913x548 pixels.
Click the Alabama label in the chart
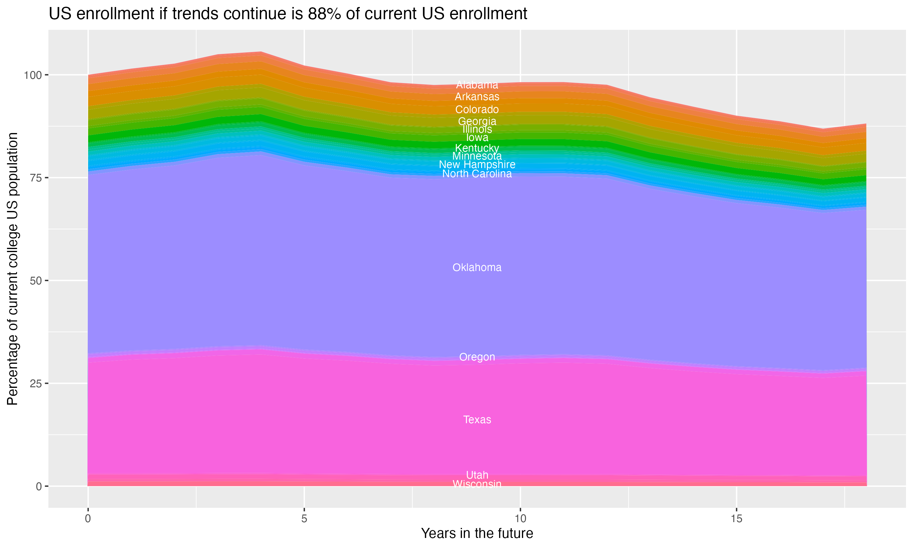477,85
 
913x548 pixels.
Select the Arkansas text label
477,97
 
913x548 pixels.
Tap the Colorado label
477,110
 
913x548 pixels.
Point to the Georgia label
477,121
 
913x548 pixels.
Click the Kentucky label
477,148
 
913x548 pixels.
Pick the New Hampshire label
477,165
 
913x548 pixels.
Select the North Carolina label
477,174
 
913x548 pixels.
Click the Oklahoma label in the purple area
477,268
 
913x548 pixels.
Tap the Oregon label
477,357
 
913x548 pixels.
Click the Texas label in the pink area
477,420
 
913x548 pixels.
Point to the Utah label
477,475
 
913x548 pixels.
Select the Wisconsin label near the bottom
477,484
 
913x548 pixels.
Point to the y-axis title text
12,269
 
